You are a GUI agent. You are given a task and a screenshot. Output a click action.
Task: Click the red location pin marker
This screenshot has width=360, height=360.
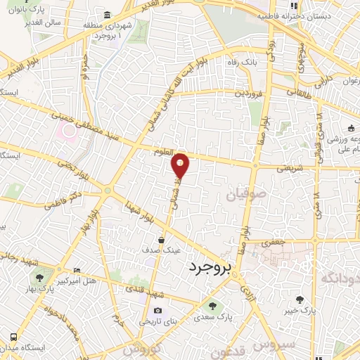(181, 165)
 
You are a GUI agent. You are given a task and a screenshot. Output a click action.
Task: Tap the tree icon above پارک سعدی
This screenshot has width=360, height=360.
(213, 305)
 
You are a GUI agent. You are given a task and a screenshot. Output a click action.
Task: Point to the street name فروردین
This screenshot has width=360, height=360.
(250, 92)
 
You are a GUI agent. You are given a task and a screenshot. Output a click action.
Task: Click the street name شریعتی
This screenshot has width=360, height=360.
(289, 168)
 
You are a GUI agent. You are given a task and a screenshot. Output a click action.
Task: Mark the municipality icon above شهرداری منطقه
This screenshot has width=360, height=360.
(107, 15)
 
